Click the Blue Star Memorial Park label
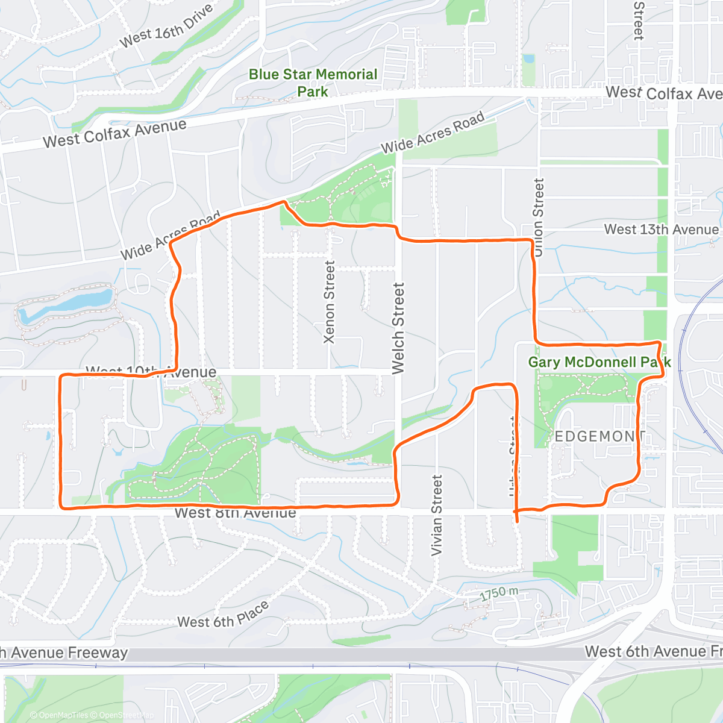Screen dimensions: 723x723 (x=313, y=83)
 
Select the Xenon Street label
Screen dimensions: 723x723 (x=329, y=302)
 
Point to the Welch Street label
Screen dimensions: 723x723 (x=398, y=328)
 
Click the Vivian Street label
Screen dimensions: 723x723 (x=437, y=515)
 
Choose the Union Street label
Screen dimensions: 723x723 (x=538, y=218)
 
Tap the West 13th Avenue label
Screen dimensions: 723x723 (x=661, y=230)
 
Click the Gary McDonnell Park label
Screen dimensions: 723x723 (x=599, y=362)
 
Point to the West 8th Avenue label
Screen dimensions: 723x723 (x=235, y=513)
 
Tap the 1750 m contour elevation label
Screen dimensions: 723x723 (x=499, y=594)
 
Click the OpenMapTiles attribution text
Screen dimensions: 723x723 (x=59, y=715)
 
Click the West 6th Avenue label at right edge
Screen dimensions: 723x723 (x=653, y=651)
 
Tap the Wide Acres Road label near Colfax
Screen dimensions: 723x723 (x=433, y=133)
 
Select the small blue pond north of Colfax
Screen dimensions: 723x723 (x=528, y=60)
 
